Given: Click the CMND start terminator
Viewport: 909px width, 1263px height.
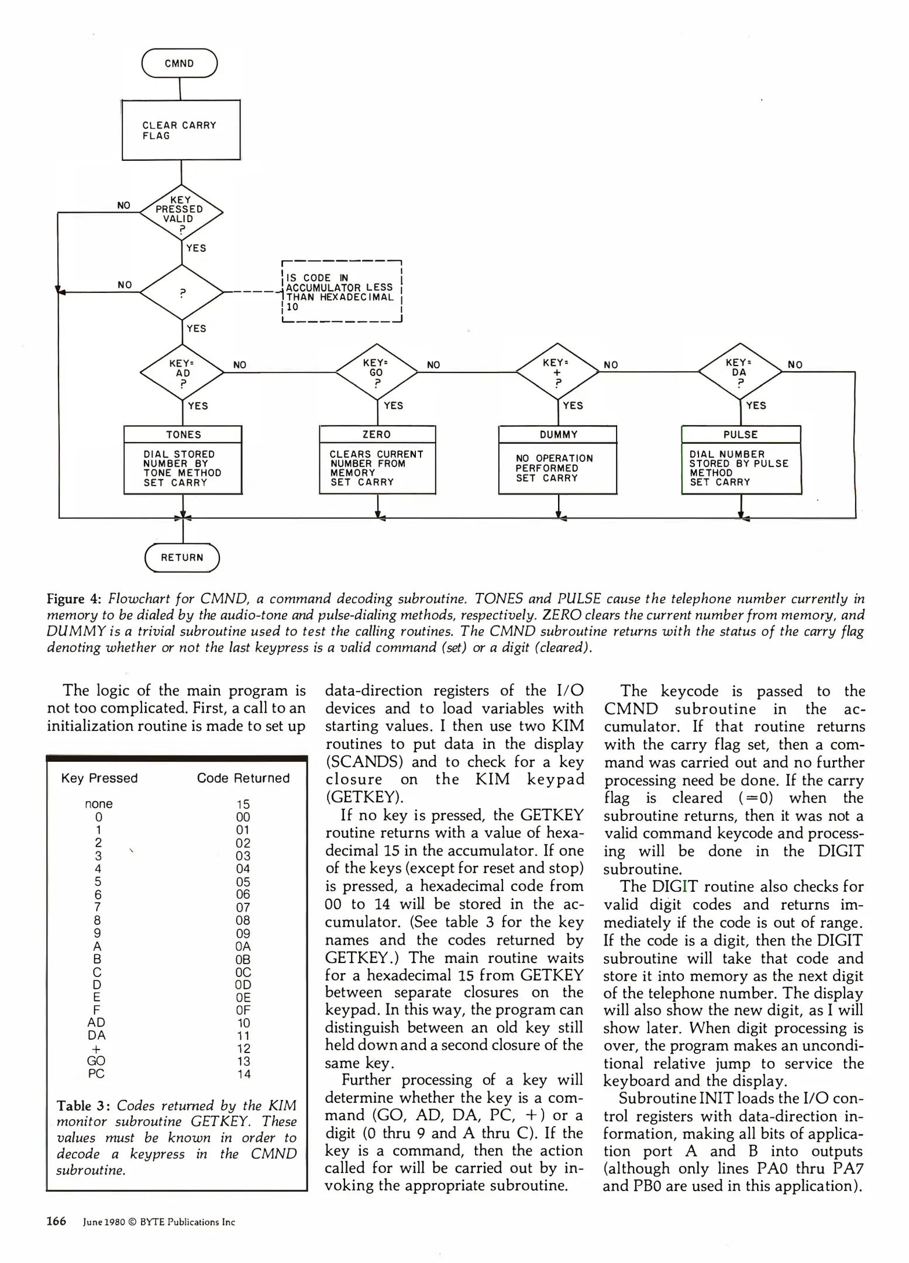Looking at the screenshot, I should (180, 64).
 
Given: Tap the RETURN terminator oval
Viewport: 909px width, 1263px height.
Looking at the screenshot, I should (182, 557).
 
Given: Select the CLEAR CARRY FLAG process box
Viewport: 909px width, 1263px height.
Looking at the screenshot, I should (181, 130).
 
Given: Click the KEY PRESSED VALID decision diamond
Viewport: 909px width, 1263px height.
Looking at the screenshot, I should (181, 212).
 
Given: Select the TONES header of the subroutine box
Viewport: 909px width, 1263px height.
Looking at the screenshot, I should (183, 434).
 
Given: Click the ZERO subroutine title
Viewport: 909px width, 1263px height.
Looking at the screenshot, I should (377, 434).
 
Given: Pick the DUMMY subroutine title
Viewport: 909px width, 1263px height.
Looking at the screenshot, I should (558, 434).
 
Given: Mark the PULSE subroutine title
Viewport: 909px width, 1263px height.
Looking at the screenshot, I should (741, 434).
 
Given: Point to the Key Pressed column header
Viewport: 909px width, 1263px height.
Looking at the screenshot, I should (99, 778).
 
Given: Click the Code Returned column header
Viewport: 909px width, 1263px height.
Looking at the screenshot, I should (243, 778).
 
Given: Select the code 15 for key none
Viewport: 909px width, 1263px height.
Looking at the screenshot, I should (243, 804).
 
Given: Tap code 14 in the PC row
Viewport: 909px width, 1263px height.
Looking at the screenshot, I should (243, 1074).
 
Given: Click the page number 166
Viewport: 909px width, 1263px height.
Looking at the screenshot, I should (56, 1221).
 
